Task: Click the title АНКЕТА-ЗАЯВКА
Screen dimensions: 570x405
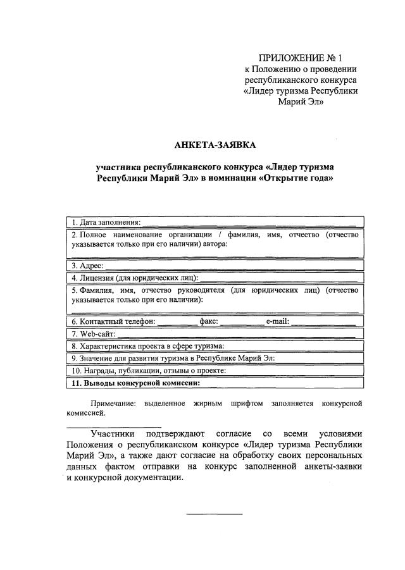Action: click(215, 146)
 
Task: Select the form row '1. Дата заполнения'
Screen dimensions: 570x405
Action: click(106, 222)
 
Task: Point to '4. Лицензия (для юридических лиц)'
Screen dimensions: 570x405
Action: click(135, 278)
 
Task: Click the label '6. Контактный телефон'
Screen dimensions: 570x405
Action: click(113, 321)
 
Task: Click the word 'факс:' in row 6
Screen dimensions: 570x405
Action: click(209, 321)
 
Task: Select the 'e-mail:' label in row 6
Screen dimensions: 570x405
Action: click(277, 321)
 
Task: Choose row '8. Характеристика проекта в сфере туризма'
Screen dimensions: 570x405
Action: click(147, 346)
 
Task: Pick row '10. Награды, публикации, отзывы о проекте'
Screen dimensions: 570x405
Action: click(149, 370)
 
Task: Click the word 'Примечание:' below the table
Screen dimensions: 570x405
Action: click(113, 403)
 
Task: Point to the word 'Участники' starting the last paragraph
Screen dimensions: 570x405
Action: click(112, 434)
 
